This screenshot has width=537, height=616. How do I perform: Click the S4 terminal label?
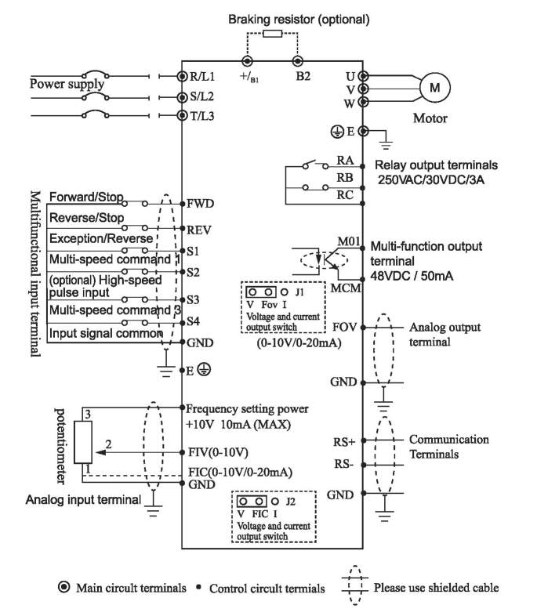tap(192, 321)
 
